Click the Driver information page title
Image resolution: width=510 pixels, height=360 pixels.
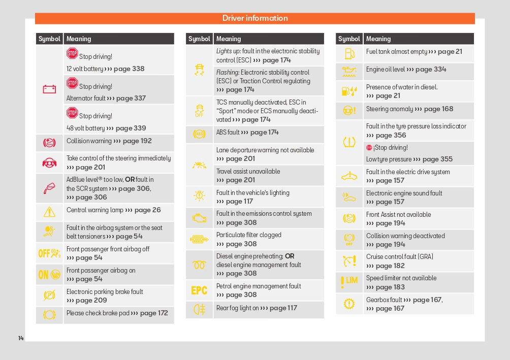pyautogui.click(x=255, y=18)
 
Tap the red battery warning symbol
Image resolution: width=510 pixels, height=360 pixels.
pyautogui.click(x=49, y=89)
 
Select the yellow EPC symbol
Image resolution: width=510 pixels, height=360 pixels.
pyautogui.click(x=199, y=290)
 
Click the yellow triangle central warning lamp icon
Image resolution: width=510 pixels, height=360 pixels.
pyautogui.click(x=49, y=212)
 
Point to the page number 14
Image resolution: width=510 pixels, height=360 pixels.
pyautogui.click(x=21, y=338)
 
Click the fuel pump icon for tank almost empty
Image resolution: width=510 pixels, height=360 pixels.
pyautogui.click(x=349, y=53)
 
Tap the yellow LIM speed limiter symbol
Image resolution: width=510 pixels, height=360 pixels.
pyautogui.click(x=349, y=280)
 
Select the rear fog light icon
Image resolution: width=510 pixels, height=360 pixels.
pyautogui.click(x=199, y=308)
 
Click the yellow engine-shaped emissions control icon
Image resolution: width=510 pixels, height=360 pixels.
pyautogui.click(x=199, y=218)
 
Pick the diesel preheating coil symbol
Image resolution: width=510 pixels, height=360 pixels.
pyautogui.click(x=199, y=265)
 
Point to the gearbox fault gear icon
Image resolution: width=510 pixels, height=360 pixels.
pyautogui.click(x=349, y=304)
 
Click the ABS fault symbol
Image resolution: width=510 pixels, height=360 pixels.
pyautogui.click(x=199, y=134)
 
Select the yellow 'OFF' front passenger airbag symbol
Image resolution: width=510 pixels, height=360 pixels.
pyautogui.click(x=49, y=253)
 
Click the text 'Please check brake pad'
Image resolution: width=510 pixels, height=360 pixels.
pyautogui.click(x=98, y=313)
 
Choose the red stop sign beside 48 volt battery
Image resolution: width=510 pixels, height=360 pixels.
pyautogui.click(x=72, y=113)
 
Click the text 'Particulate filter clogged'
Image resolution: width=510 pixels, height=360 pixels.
pyautogui.click(x=249, y=235)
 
